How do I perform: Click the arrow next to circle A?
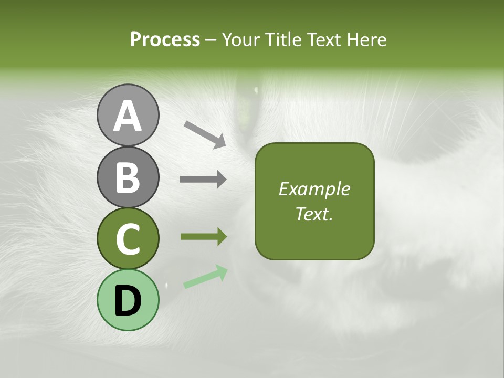click(205, 134)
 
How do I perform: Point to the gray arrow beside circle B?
click(203, 180)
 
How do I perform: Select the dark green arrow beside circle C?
click(203, 237)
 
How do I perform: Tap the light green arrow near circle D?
click(205, 277)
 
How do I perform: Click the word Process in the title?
click(165, 39)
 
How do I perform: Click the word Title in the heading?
click(283, 39)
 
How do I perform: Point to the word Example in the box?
click(314, 189)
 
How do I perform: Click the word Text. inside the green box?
click(314, 214)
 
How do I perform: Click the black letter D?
click(128, 301)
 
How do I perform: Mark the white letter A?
click(128, 116)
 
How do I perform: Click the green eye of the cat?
click(245, 102)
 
